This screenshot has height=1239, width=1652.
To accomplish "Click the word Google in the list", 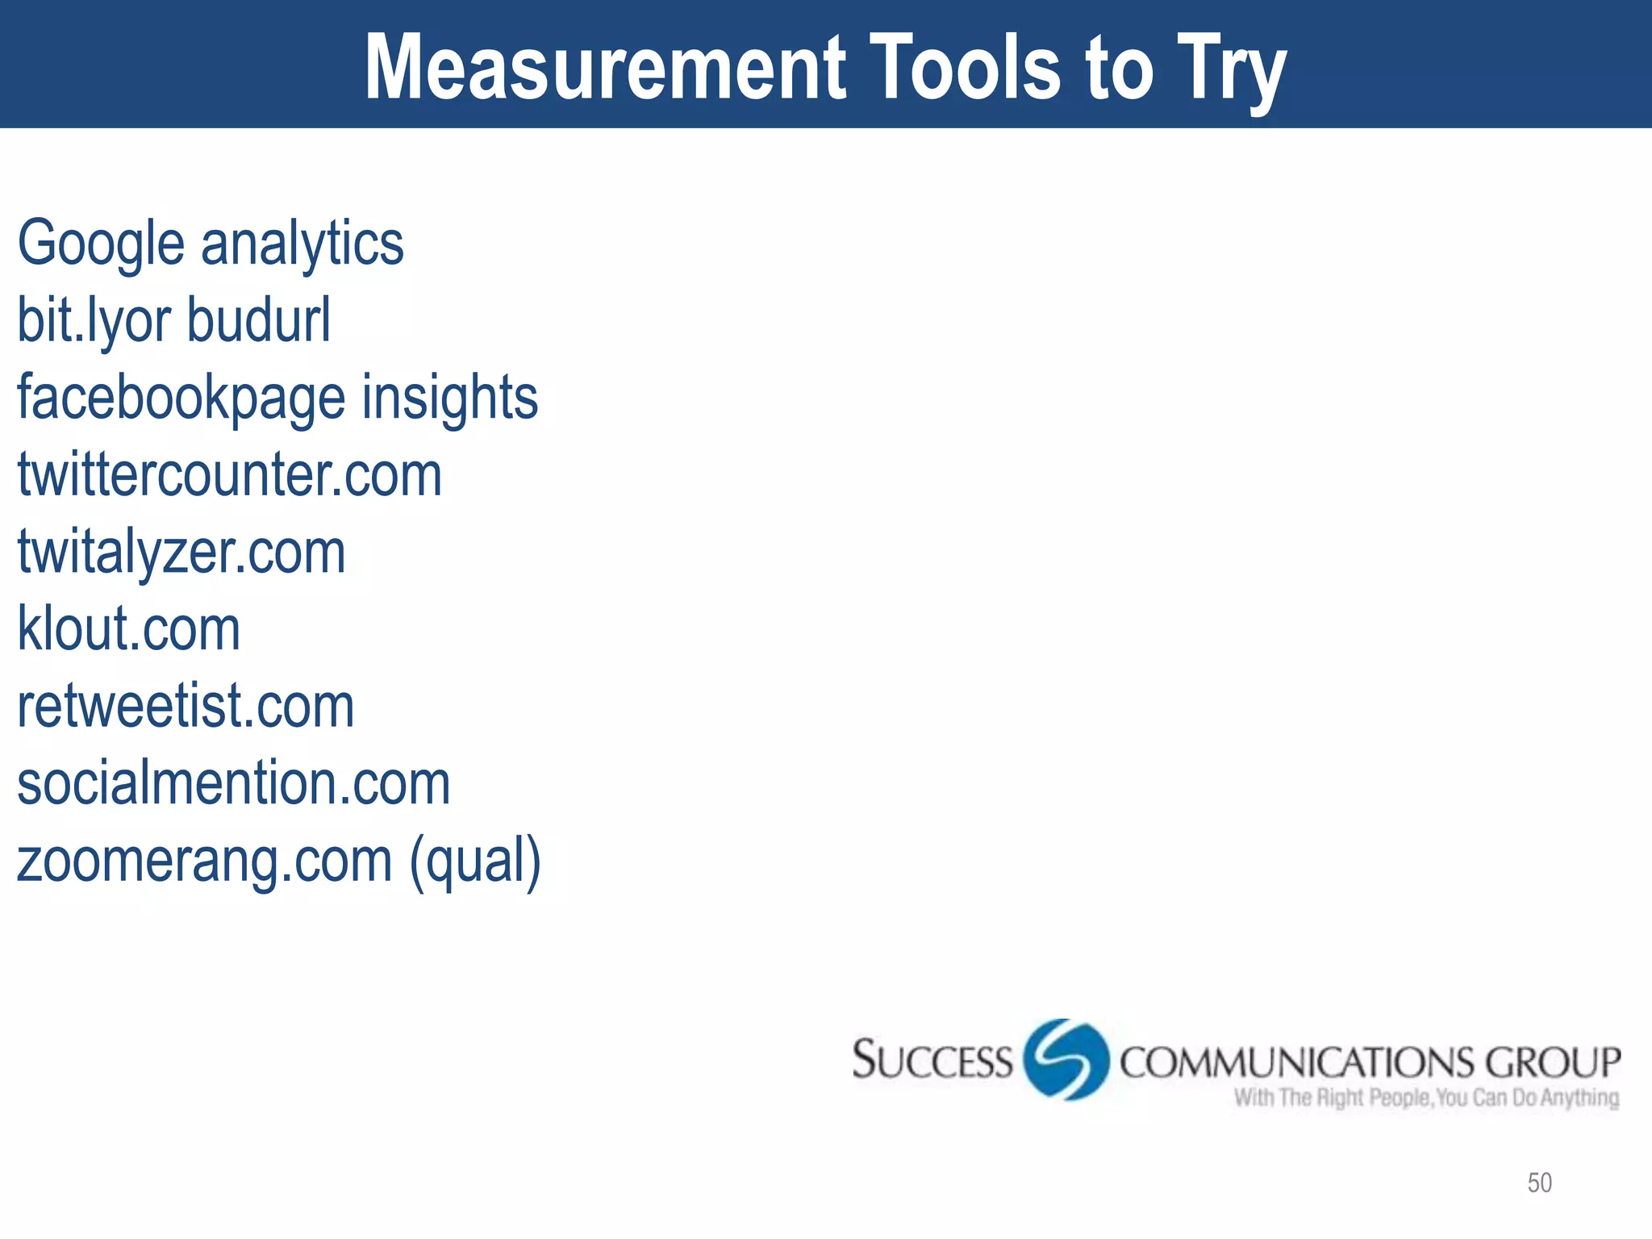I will tap(101, 244).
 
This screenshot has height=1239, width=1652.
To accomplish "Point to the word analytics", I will tap(302, 244).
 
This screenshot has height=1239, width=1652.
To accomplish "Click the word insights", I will tap(449, 397).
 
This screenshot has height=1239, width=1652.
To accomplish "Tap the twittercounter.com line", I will tap(230, 474).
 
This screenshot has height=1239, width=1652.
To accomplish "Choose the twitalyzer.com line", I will tap(181, 552).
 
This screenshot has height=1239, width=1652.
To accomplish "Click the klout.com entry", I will tap(129, 628).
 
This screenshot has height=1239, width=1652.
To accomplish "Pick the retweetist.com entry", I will tap(186, 706).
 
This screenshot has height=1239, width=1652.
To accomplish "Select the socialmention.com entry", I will tap(234, 783).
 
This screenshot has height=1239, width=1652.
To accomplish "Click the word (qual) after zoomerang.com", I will tap(475, 861).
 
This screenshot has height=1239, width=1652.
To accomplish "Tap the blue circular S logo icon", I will tap(1066, 1059).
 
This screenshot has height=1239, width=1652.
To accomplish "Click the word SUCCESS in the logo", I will tap(932, 1060).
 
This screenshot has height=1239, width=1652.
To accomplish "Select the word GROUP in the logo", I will tap(1552, 1062).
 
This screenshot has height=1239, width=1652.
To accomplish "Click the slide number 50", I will tap(1539, 1183).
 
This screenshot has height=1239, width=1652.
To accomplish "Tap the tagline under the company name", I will tap(1426, 1098).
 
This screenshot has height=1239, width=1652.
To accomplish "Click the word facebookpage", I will tap(181, 397).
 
